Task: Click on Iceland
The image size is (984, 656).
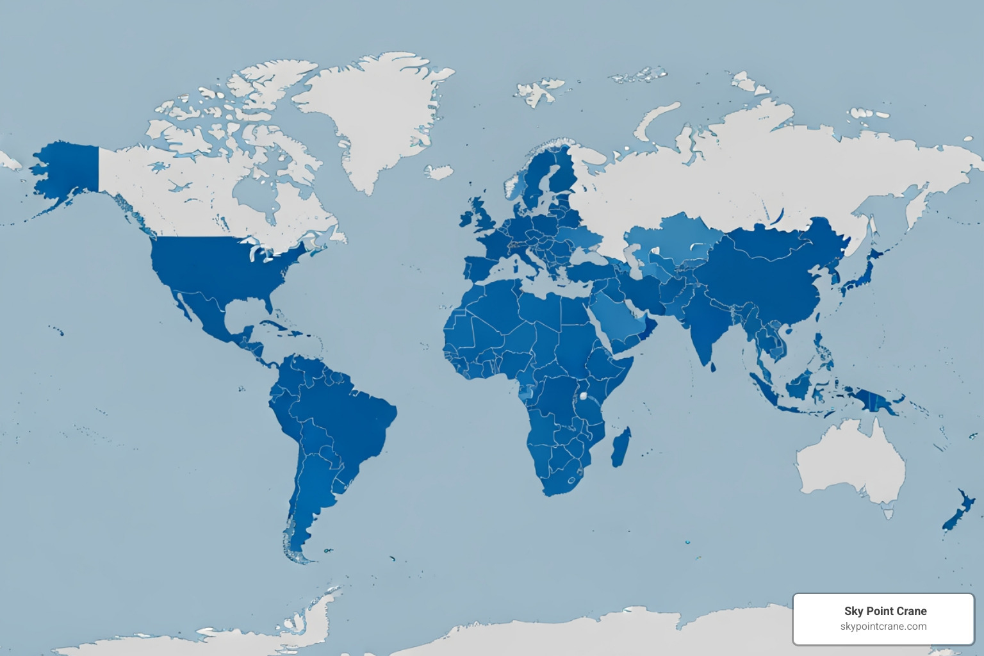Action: coord(439,172)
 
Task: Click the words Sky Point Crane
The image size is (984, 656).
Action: coord(885,611)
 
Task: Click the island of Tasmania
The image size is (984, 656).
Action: coord(888,512)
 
